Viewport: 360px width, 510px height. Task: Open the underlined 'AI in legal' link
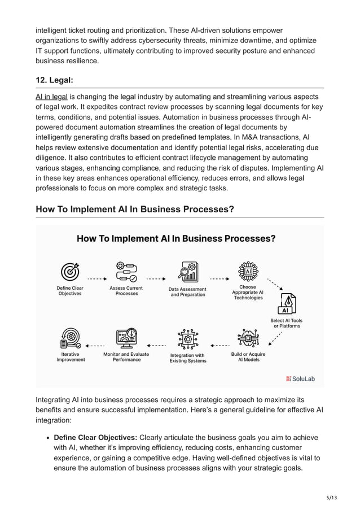pos(51,97)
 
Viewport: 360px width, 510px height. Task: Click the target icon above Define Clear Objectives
pos(70,272)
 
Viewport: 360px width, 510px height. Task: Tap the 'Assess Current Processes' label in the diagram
pos(126,291)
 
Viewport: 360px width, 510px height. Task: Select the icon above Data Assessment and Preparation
pos(187,272)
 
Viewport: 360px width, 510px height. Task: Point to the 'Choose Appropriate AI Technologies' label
pos(248,292)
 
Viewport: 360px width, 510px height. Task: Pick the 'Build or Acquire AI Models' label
pos(248,357)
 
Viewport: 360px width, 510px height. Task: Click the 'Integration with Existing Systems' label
pos(188,358)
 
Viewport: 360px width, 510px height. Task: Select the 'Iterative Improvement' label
pos(71,357)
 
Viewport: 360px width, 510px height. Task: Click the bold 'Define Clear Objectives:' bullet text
pos(95,438)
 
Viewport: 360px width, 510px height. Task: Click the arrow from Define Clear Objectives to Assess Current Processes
pos(97,278)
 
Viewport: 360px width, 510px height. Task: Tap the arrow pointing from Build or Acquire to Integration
pos(219,345)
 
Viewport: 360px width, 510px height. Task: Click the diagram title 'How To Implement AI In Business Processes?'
pos(176,238)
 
